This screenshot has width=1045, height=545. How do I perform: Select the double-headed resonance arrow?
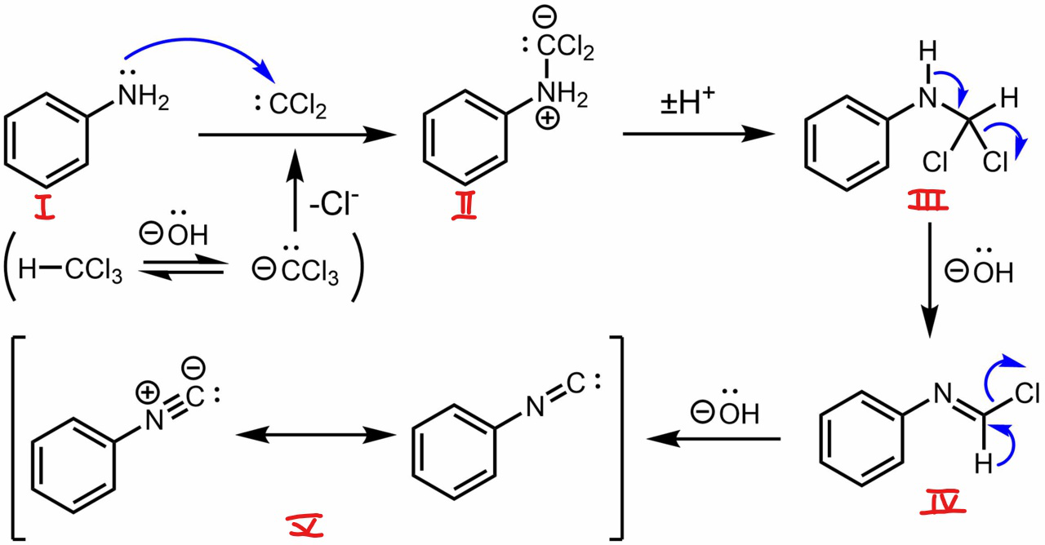point(311,436)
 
